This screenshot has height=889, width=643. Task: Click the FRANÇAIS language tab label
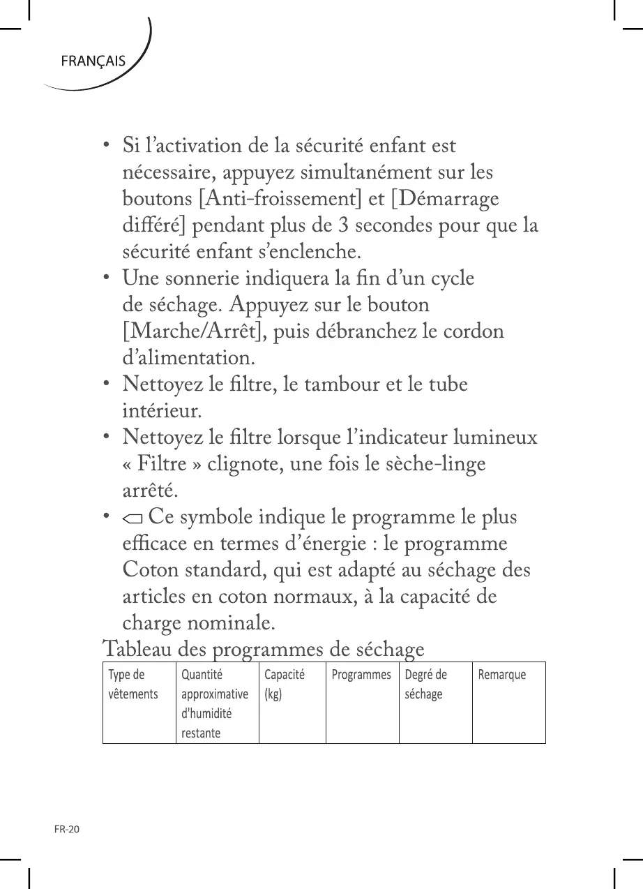click(93, 61)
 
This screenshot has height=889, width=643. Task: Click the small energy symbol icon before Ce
click(132, 518)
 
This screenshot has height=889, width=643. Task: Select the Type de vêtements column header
click(133, 685)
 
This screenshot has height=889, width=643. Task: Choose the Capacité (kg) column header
click(284, 685)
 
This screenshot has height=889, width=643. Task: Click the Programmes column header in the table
click(361, 675)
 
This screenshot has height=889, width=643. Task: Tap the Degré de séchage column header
click(425, 685)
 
